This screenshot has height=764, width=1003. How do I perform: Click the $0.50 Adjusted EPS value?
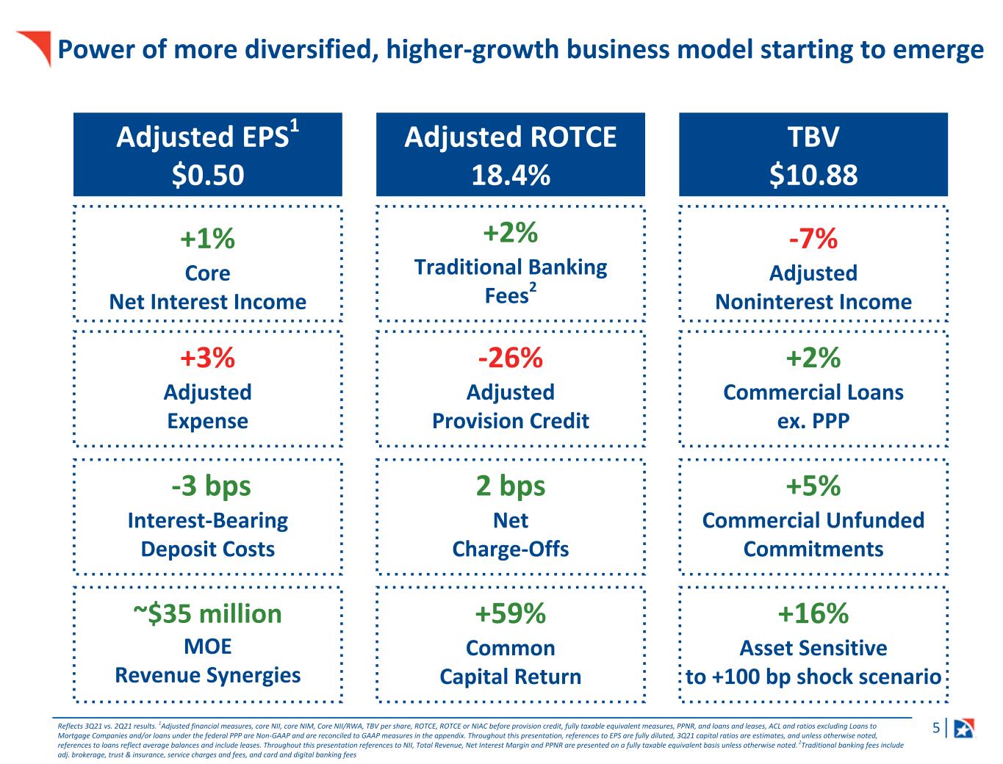[208, 175]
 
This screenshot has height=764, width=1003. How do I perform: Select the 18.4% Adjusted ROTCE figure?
[511, 175]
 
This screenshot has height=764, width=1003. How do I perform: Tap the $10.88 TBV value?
[813, 175]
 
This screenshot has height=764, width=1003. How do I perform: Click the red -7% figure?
[813, 238]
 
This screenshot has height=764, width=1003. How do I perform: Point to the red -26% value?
[511, 358]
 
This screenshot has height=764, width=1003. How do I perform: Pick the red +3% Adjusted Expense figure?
[207, 358]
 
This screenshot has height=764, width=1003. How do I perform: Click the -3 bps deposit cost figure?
[211, 486]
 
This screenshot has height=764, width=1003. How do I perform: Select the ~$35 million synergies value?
[207, 613]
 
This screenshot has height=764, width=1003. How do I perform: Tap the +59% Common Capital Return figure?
[511, 613]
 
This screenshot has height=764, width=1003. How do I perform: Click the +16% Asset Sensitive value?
[813, 613]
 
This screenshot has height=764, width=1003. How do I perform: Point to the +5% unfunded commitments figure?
[813, 486]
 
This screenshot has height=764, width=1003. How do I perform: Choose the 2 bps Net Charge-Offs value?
[511, 486]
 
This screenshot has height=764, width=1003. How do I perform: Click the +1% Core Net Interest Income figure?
[207, 238]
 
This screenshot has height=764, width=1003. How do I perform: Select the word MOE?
[207, 646]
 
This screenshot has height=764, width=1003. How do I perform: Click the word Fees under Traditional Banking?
[506, 296]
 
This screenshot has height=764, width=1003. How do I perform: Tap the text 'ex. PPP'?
[813, 421]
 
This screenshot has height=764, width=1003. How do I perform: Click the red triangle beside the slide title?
[38, 46]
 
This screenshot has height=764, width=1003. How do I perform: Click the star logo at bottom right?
[965, 729]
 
